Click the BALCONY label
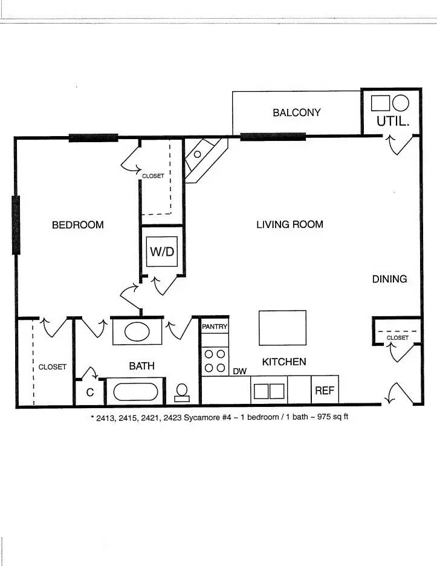(x=297, y=112)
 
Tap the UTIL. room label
(x=393, y=122)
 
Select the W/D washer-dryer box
(x=162, y=252)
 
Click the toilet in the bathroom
(x=182, y=392)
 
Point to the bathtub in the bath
(x=135, y=392)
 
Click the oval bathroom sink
(x=137, y=332)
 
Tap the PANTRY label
(x=215, y=327)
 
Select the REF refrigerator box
(x=325, y=390)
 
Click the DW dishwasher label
(x=239, y=371)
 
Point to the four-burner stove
(x=215, y=361)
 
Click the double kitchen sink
(x=269, y=391)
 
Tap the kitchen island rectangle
(x=282, y=328)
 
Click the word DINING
(x=389, y=279)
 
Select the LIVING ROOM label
(x=290, y=224)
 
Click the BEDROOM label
(x=78, y=225)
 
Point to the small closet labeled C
(x=90, y=392)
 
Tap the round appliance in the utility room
(x=401, y=103)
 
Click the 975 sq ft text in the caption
(x=332, y=417)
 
